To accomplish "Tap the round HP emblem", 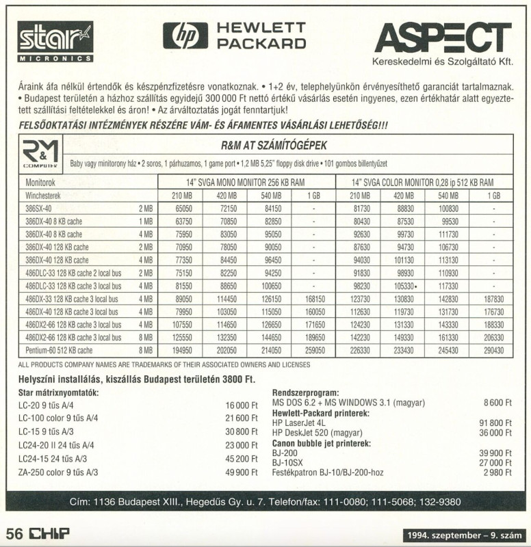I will point(185,36).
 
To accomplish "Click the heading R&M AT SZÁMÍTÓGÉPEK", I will point(274,145).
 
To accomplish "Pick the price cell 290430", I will point(493,349).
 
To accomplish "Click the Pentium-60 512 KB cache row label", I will point(59,349).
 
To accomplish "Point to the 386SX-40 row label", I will point(38,208).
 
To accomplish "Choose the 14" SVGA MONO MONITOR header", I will point(246,183).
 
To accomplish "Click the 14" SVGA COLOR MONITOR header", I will point(422,183).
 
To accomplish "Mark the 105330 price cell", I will point(404,285).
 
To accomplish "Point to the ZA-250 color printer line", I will point(58,472).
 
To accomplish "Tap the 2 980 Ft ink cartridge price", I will point(497,472).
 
